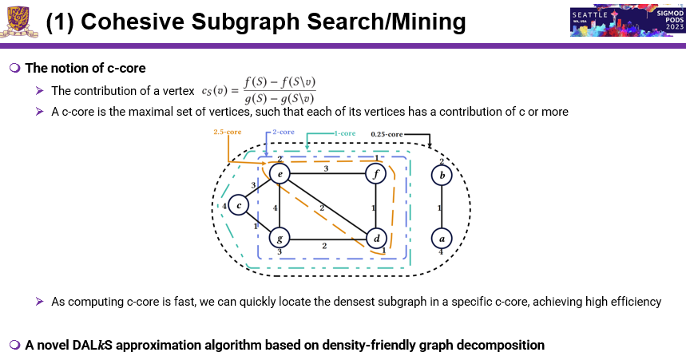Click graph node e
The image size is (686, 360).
[x=279, y=173]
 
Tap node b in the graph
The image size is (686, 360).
[x=442, y=173]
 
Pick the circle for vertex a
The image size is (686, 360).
[x=442, y=238]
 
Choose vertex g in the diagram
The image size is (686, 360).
[x=279, y=238]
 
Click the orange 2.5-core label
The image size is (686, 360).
[x=227, y=131]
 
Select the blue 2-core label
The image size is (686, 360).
[x=283, y=131]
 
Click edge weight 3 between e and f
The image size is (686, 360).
[x=326, y=168]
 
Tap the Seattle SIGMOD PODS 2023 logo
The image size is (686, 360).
[x=626, y=22]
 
